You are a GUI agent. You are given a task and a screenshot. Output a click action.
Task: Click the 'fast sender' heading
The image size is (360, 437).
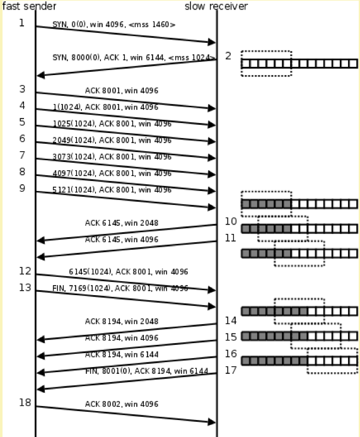[x=29, y=6]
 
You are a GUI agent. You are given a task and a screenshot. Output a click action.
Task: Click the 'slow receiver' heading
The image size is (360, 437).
[x=216, y=6]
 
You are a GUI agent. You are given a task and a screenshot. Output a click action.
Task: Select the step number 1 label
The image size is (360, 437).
[x=21, y=23]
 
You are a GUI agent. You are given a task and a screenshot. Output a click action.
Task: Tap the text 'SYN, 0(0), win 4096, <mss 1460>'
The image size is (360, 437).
[x=114, y=25]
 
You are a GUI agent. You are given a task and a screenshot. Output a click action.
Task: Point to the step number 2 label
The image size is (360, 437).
[x=228, y=56]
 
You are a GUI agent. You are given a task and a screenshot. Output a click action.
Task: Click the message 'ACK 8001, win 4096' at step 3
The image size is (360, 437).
[x=122, y=91]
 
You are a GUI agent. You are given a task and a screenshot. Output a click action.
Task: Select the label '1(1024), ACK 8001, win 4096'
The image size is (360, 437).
[x=105, y=107]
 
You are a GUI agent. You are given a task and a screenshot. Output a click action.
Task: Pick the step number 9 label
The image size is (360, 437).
[x=22, y=189]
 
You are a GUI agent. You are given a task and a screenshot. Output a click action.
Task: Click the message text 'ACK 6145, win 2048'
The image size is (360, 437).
[x=122, y=223]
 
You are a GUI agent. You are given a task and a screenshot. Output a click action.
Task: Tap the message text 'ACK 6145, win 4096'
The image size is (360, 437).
[x=122, y=240]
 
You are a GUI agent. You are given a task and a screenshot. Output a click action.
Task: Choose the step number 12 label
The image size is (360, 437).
[x=25, y=271]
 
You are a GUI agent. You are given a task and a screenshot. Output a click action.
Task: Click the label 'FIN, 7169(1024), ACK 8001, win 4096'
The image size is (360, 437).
[x=120, y=288]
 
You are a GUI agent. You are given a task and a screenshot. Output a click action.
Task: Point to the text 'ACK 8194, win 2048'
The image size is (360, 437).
[x=122, y=322]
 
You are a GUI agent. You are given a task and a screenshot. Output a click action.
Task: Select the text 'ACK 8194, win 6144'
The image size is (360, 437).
[x=122, y=354]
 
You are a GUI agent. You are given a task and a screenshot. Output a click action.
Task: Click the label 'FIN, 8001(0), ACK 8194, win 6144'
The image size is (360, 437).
[x=146, y=371]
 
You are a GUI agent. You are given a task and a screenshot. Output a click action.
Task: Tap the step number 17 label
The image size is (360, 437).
[x=231, y=370]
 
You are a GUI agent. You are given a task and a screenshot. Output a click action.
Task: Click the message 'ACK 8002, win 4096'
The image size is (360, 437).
[x=122, y=404]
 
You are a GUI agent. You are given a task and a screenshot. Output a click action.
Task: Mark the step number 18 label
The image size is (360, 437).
[x=25, y=402]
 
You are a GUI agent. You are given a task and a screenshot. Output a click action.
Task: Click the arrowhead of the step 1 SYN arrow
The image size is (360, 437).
[x=212, y=42]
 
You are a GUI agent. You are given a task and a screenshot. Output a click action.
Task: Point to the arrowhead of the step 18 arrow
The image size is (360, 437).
[x=212, y=422]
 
